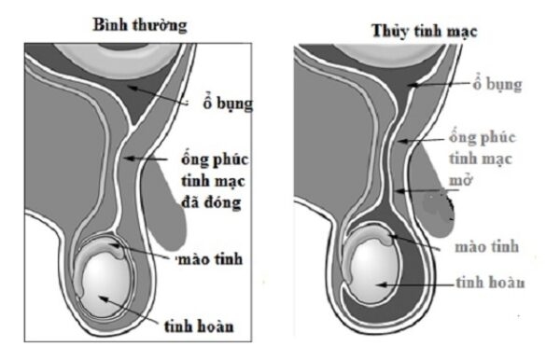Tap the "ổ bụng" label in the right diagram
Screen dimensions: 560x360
coord(492,85)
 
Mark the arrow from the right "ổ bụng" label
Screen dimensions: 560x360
coord(440,84)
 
